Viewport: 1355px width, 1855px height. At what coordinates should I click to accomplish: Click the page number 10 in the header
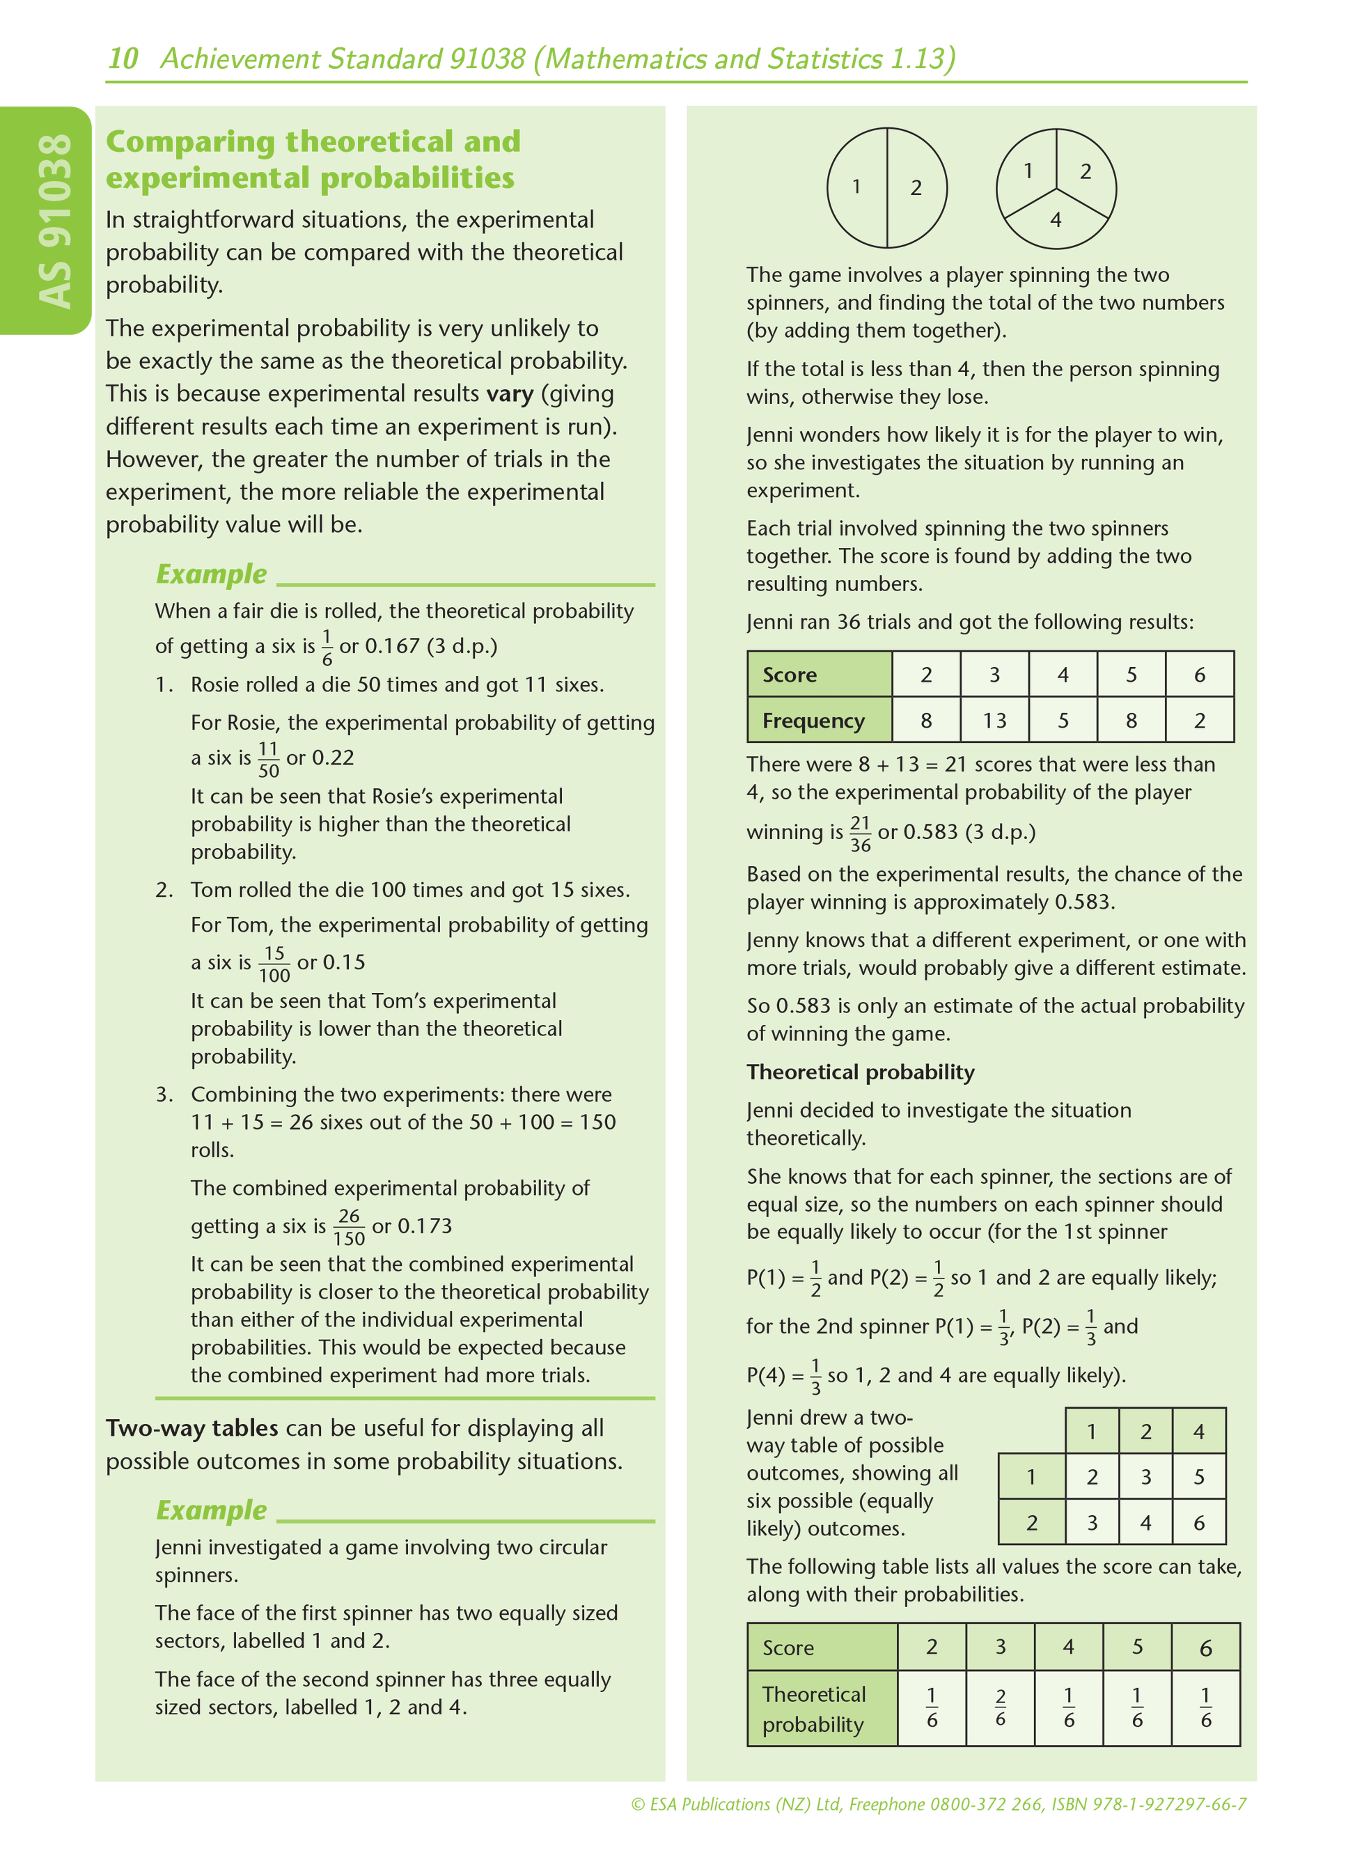coord(123,59)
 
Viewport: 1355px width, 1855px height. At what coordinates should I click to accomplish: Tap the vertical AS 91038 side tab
coord(54,221)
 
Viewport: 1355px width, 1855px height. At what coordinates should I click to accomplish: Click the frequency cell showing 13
coord(994,721)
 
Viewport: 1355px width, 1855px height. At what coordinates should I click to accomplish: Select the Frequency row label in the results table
coord(813,721)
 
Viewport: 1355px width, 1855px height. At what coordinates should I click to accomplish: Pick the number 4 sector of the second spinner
coord(1056,220)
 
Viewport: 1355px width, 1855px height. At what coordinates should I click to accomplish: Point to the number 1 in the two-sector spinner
coord(856,187)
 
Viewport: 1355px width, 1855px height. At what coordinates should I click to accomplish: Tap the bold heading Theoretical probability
coord(861,1072)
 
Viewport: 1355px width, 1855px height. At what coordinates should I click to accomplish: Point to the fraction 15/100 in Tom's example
coord(274,964)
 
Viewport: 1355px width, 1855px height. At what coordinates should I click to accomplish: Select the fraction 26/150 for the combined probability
coord(349,1228)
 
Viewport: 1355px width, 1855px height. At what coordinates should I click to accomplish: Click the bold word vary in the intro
coord(510,393)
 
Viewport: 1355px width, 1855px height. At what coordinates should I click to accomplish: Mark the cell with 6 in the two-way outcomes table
coord(1198,1523)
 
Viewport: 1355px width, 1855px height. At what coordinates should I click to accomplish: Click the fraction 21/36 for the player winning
coord(860,834)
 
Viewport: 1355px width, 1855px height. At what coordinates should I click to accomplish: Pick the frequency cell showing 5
coord(1063,721)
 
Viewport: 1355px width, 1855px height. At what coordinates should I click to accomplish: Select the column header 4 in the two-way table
coord(1198,1432)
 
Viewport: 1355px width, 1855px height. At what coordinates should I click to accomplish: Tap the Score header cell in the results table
coord(790,675)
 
